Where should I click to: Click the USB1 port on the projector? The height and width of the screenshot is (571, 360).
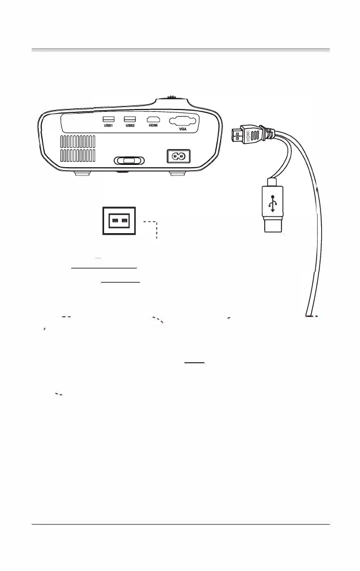click(108, 119)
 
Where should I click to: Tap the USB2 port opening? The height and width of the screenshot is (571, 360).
click(129, 119)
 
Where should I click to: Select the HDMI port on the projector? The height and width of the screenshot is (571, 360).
click(153, 119)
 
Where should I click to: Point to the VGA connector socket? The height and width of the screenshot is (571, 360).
click(182, 122)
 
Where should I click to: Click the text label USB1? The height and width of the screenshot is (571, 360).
click(108, 126)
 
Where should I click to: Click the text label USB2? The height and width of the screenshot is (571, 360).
click(129, 126)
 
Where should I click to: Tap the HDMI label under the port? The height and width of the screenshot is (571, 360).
click(153, 126)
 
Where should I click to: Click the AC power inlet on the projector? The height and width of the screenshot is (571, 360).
click(181, 156)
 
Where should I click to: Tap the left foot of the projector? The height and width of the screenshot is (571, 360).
click(83, 173)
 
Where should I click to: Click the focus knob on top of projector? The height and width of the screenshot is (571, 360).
click(172, 98)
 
